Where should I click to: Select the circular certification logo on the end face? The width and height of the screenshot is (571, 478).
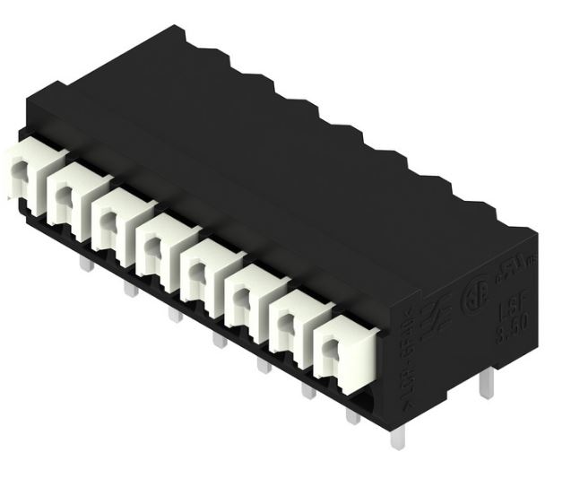[469, 301]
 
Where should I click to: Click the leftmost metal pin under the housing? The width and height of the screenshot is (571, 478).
[83, 264]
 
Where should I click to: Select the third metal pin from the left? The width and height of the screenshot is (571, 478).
[173, 313]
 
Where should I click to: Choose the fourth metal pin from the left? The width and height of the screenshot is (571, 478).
[218, 339]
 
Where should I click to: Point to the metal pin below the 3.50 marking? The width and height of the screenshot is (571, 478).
[485, 387]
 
